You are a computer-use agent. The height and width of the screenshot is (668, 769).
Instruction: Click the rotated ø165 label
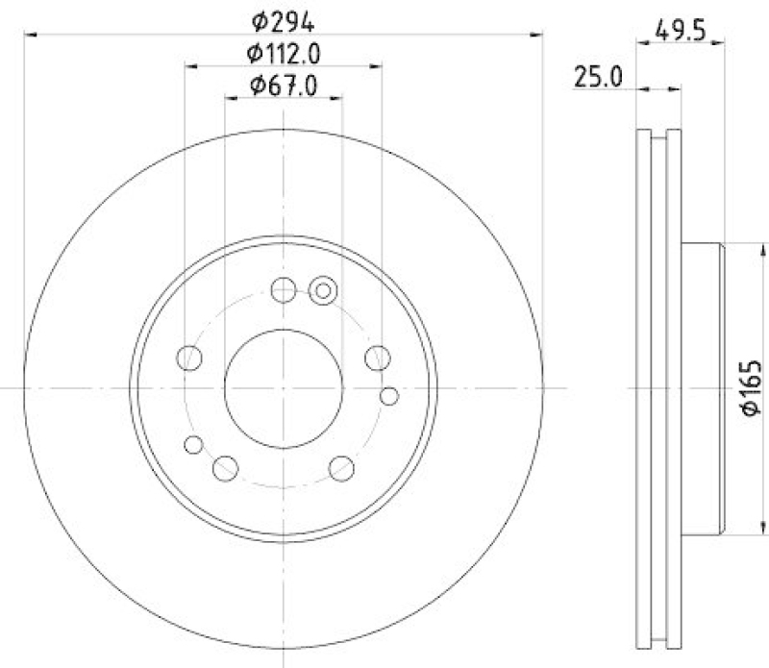[x=751, y=389]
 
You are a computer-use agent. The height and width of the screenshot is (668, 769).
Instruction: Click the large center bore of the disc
[x=283, y=386]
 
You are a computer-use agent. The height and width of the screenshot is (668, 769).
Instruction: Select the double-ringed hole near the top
[x=323, y=289]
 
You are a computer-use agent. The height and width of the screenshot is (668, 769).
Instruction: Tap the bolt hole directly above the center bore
[x=283, y=289]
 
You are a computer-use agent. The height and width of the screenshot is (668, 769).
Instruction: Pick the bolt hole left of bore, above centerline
[x=190, y=359]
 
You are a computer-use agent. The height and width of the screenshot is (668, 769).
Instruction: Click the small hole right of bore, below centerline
[x=388, y=395]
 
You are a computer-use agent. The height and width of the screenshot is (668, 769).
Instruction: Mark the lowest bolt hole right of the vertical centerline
[x=341, y=468]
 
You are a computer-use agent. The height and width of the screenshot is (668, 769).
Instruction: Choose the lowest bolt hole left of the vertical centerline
[x=225, y=468]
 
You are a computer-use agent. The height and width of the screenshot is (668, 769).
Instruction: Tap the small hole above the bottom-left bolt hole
[x=193, y=444]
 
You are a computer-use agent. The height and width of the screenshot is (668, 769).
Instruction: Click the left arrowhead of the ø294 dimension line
[x=29, y=35]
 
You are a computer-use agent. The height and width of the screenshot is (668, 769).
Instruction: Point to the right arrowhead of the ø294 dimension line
[x=537, y=35]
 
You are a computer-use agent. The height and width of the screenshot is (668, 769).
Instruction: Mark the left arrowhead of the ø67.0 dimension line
[x=231, y=97]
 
